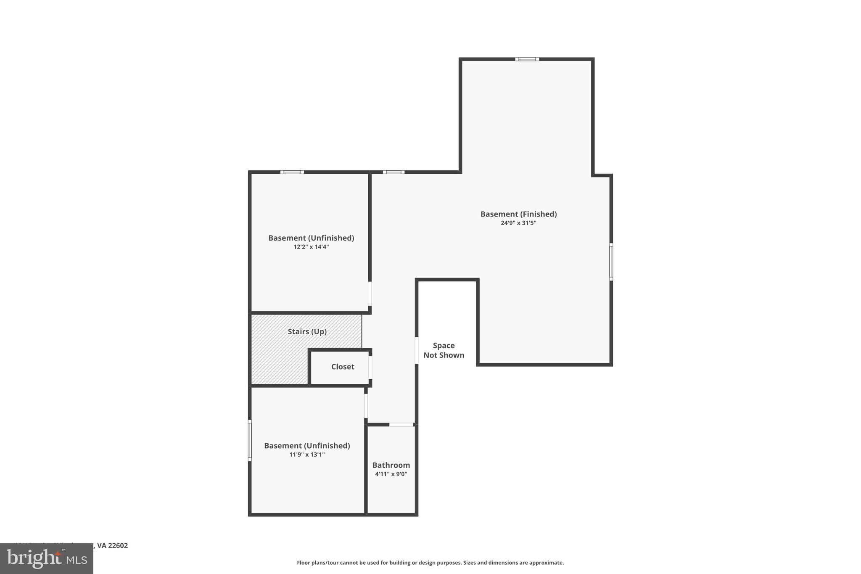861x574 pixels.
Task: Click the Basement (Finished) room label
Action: (518, 214)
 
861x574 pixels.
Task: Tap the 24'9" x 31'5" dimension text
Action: (518, 223)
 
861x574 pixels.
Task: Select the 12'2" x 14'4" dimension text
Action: (311, 247)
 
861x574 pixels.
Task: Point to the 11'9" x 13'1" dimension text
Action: (307, 455)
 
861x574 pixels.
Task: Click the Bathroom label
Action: (391, 465)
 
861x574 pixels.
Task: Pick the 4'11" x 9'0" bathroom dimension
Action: (391, 474)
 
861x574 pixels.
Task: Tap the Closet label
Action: (343, 367)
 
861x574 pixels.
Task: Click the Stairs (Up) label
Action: (307, 331)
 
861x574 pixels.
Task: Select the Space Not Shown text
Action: (444, 350)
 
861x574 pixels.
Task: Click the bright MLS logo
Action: (47, 559)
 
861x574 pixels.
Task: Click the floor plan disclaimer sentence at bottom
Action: (430, 563)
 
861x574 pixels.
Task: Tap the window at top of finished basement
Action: (527, 59)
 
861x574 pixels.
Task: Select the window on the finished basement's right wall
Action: (611, 262)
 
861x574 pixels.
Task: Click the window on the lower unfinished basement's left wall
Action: (250, 440)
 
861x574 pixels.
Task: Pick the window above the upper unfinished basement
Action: (292, 172)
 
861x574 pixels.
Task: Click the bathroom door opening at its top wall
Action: (401, 425)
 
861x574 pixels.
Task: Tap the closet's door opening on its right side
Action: (370, 368)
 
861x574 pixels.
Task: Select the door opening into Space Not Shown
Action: (417, 350)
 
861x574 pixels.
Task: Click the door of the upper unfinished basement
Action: (370, 294)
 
